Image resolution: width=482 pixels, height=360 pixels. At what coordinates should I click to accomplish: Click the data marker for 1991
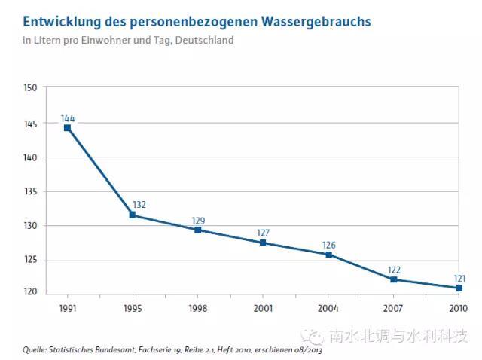pyautogui.click(x=67, y=128)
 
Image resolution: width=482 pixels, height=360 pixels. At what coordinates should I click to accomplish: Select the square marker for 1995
pyautogui.click(x=133, y=215)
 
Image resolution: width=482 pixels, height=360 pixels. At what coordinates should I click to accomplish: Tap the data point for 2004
pyautogui.click(x=328, y=255)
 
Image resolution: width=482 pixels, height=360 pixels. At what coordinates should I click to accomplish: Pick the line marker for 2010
pyautogui.click(x=459, y=288)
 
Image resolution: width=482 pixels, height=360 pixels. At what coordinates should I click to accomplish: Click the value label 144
pyautogui.click(x=68, y=118)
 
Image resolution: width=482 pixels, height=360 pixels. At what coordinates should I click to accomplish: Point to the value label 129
pyautogui.click(x=198, y=221)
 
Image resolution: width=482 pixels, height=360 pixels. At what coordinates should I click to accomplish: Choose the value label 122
pyautogui.click(x=394, y=270)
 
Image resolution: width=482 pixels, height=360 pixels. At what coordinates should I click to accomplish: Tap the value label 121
pyautogui.click(x=459, y=278)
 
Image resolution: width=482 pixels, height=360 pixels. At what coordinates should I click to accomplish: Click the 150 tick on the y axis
pyautogui.click(x=30, y=88)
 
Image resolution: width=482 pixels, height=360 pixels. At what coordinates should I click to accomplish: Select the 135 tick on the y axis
pyautogui.click(x=30, y=191)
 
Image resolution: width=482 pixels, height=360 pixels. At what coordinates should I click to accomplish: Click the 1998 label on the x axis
pyautogui.click(x=197, y=308)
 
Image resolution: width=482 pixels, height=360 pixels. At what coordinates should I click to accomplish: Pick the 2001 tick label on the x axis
pyautogui.click(x=263, y=308)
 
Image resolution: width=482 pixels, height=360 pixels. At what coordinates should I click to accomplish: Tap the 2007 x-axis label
pyautogui.click(x=394, y=308)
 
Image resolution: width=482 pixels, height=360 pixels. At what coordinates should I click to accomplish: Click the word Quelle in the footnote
pyautogui.click(x=34, y=349)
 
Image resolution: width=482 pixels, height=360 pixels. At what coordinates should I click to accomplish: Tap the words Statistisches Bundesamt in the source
pyautogui.click(x=90, y=349)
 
